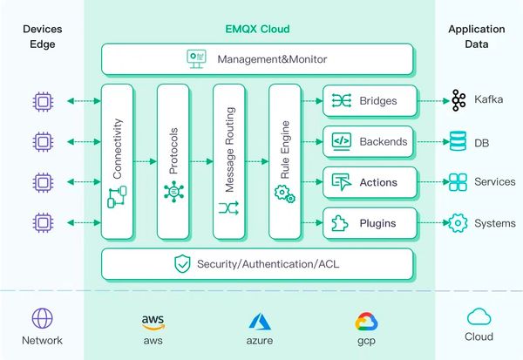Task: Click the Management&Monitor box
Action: click(x=257, y=59)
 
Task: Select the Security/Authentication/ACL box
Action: click(x=257, y=262)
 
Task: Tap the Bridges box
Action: click(x=368, y=100)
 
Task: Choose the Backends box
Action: click(x=368, y=141)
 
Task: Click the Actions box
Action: click(x=368, y=182)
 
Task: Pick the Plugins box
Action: click(x=368, y=223)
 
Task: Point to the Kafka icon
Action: click(x=458, y=100)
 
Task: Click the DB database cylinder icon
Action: click(x=458, y=141)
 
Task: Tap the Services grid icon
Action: click(x=458, y=182)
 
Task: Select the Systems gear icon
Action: click(x=458, y=223)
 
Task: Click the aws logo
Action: click(x=153, y=321)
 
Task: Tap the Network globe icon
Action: click(x=41, y=318)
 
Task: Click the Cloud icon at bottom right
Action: click(x=479, y=316)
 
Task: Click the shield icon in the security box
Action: click(x=182, y=262)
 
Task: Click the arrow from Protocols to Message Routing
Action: click(x=200, y=162)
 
